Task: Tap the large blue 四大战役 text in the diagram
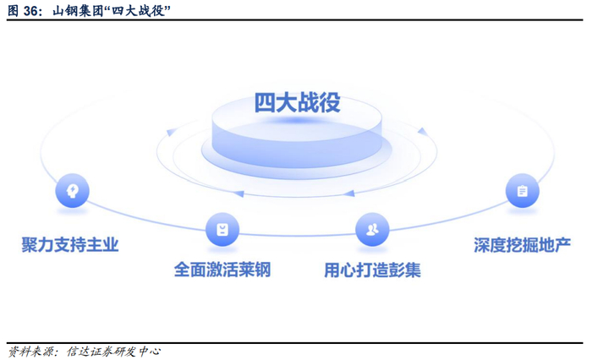pyautogui.click(x=297, y=102)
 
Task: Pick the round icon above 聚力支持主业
pyautogui.click(x=72, y=191)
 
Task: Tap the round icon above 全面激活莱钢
pyautogui.click(x=222, y=229)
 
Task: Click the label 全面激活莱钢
pyautogui.click(x=222, y=270)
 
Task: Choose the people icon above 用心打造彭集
pyautogui.click(x=372, y=229)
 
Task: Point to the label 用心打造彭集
pyautogui.click(x=372, y=270)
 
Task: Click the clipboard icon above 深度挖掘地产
pyautogui.click(x=522, y=191)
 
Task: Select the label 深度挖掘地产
pyautogui.click(x=522, y=245)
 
